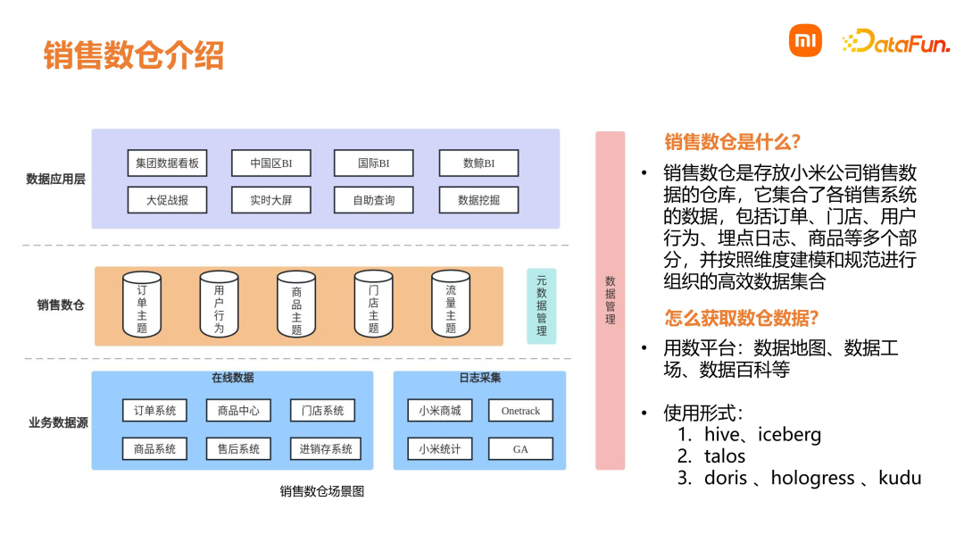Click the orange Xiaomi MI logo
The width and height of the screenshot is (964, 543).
[x=804, y=41]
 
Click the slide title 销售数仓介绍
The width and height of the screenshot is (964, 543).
[x=134, y=54]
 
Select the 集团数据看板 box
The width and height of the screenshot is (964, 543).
[x=167, y=163]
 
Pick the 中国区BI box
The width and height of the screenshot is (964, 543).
[x=270, y=163]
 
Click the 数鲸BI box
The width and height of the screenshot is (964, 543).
[x=478, y=163]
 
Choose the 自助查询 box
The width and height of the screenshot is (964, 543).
[x=374, y=200]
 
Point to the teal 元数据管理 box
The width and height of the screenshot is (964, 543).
[x=541, y=306]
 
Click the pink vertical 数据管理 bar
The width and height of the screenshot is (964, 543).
[x=610, y=300]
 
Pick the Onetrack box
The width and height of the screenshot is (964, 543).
[x=520, y=411]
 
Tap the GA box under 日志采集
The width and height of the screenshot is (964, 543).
[x=520, y=449]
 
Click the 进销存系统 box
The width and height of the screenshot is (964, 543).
[x=326, y=449]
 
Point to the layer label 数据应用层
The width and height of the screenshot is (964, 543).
[x=55, y=179]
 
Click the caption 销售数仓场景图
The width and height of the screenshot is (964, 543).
[x=322, y=491]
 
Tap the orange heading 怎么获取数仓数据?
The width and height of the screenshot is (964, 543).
[x=742, y=317]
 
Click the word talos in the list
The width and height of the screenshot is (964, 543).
[x=725, y=455]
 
